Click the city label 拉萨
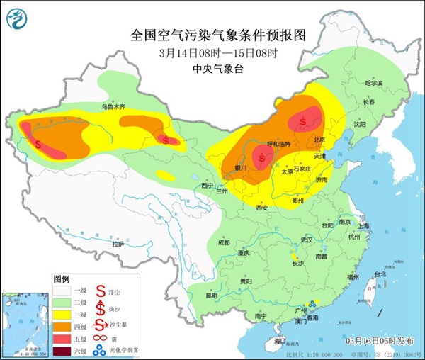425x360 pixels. click(118, 243)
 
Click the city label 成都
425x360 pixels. click(224, 242)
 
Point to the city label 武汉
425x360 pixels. click(307, 240)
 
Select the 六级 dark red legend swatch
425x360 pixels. click(62, 349)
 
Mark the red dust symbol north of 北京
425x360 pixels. click(303, 121)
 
